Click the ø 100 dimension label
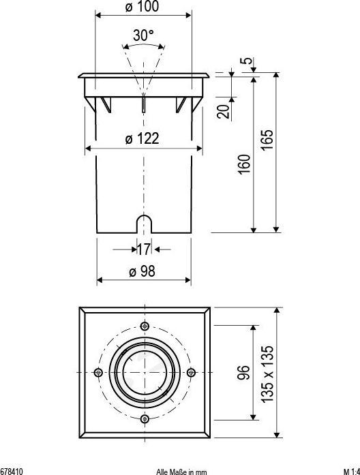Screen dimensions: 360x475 pyautogui.click(x=142, y=6)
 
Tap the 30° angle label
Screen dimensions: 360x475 pyautogui.click(x=143, y=35)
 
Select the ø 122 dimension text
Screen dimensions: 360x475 pyautogui.click(x=142, y=139)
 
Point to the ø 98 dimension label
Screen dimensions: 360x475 pyautogui.click(x=142, y=271)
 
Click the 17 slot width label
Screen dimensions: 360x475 pyautogui.click(x=144, y=249)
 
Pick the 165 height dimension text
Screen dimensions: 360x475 pyautogui.click(x=267, y=140)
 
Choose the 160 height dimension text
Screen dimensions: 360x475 pyautogui.click(x=244, y=164)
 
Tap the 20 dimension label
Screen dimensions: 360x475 pyautogui.click(x=223, y=111)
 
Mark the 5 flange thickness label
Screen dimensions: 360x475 pyautogui.click(x=247, y=60)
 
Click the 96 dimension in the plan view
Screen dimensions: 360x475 pyautogui.click(x=244, y=372)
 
